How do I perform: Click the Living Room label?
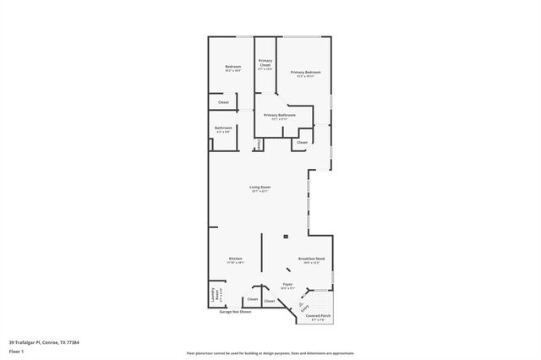tap(260, 187)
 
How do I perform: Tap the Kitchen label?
tap(236, 259)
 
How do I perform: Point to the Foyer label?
tap(287, 285)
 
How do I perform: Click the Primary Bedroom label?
tap(305, 73)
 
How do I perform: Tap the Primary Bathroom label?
tap(279, 115)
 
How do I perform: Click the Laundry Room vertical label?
tap(214, 297)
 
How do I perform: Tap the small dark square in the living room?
tap(285, 236)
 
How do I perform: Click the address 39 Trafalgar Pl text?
tap(44, 342)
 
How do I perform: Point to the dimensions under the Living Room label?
tap(260, 191)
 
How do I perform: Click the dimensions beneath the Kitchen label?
tap(236, 263)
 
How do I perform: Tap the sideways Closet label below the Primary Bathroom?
tap(259, 144)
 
